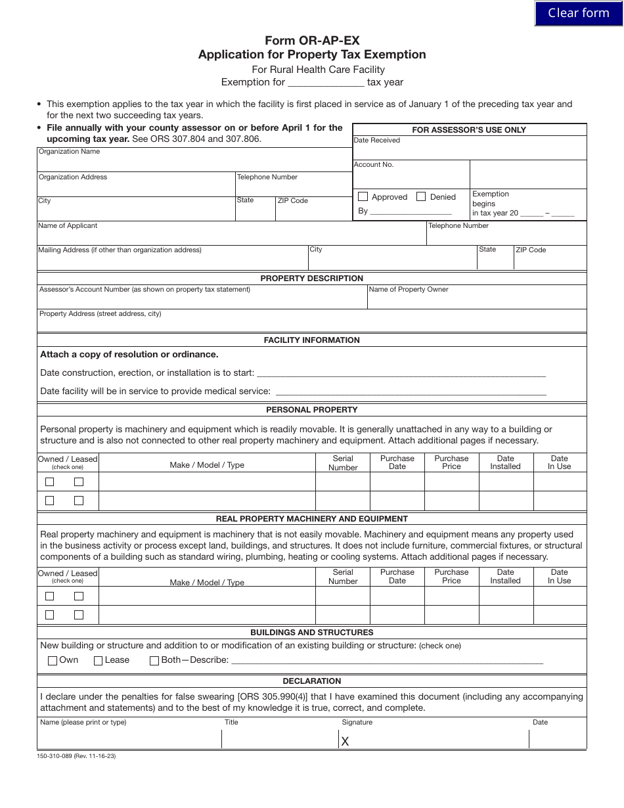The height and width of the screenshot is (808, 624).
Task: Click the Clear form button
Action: [579, 13]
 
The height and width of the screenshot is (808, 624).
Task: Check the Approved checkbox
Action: [363, 196]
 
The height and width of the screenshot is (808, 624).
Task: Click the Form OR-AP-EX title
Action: [312, 41]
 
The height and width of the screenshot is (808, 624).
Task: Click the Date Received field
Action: [469, 150]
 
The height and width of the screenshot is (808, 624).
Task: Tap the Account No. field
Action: [411, 177]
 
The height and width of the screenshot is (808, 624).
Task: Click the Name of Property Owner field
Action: [476, 300]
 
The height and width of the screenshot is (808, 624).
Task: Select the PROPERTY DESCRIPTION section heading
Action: [311, 278]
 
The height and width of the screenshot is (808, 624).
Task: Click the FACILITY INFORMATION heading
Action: [311, 340]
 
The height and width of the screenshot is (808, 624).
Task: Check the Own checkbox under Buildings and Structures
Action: [53, 661]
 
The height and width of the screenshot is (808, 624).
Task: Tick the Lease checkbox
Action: [99, 661]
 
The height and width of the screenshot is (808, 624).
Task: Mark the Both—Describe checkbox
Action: [154, 661]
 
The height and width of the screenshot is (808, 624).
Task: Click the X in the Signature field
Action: [345, 742]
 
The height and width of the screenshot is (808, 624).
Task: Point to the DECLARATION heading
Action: [311, 681]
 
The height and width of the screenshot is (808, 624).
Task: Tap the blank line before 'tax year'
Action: [326, 83]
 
